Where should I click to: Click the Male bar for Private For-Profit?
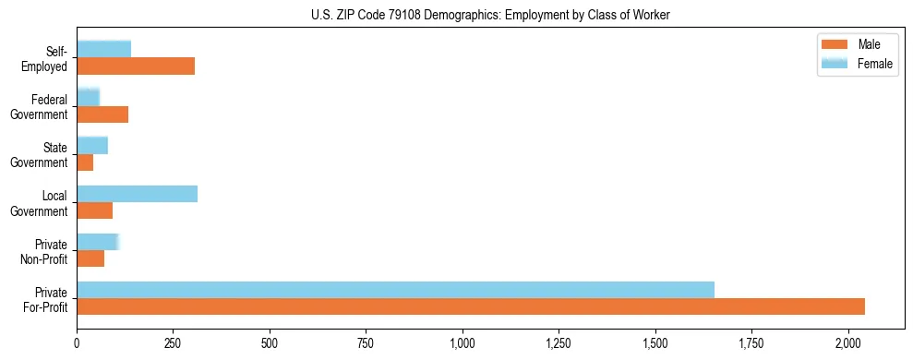click(x=471, y=306)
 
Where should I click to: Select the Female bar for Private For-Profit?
click(x=395, y=290)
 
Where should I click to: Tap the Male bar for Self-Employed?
click(x=136, y=66)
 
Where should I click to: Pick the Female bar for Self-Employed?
click(x=103, y=50)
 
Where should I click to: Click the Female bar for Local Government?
click(x=137, y=194)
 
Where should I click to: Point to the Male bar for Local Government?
click(x=94, y=210)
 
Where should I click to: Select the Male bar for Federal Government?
click(x=102, y=114)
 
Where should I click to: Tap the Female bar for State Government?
click(x=92, y=146)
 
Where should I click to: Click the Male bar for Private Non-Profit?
click(x=90, y=258)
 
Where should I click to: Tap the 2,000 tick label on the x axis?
click(x=847, y=344)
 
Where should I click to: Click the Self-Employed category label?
click(x=49, y=58)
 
